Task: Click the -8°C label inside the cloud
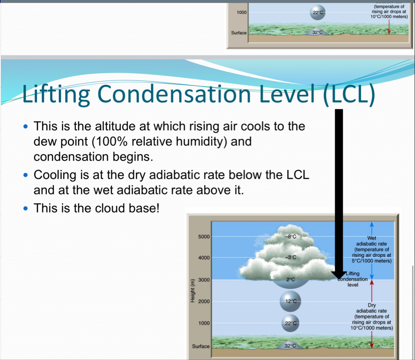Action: click(x=290, y=236)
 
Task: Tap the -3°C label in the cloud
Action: click(x=290, y=257)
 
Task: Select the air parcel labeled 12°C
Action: click(x=290, y=301)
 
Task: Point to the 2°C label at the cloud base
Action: click(x=290, y=279)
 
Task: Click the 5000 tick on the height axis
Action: click(x=204, y=236)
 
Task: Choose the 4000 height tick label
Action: click(x=204, y=257)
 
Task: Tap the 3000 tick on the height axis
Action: click(x=204, y=279)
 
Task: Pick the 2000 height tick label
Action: click(x=204, y=301)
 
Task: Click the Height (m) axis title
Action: click(x=192, y=291)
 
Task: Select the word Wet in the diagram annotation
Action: click(x=371, y=238)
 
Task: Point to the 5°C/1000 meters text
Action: click(x=371, y=261)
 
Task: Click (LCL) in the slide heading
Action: click(x=349, y=94)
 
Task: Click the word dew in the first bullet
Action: click(x=44, y=141)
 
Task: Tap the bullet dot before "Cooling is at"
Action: click(x=26, y=175)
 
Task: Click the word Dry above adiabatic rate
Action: click(x=371, y=305)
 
